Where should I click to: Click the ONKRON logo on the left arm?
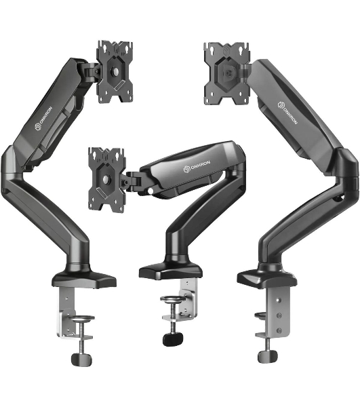[43, 118]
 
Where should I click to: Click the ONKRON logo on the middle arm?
[197, 166]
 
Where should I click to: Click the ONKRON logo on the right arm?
[287, 113]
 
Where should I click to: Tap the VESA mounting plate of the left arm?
[115, 72]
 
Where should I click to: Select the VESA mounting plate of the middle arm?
[107, 179]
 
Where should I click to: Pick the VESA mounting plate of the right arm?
[228, 74]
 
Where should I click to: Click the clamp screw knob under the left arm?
[81, 360]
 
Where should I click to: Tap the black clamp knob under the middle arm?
[173, 339]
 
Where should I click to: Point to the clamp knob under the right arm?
[268, 356]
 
